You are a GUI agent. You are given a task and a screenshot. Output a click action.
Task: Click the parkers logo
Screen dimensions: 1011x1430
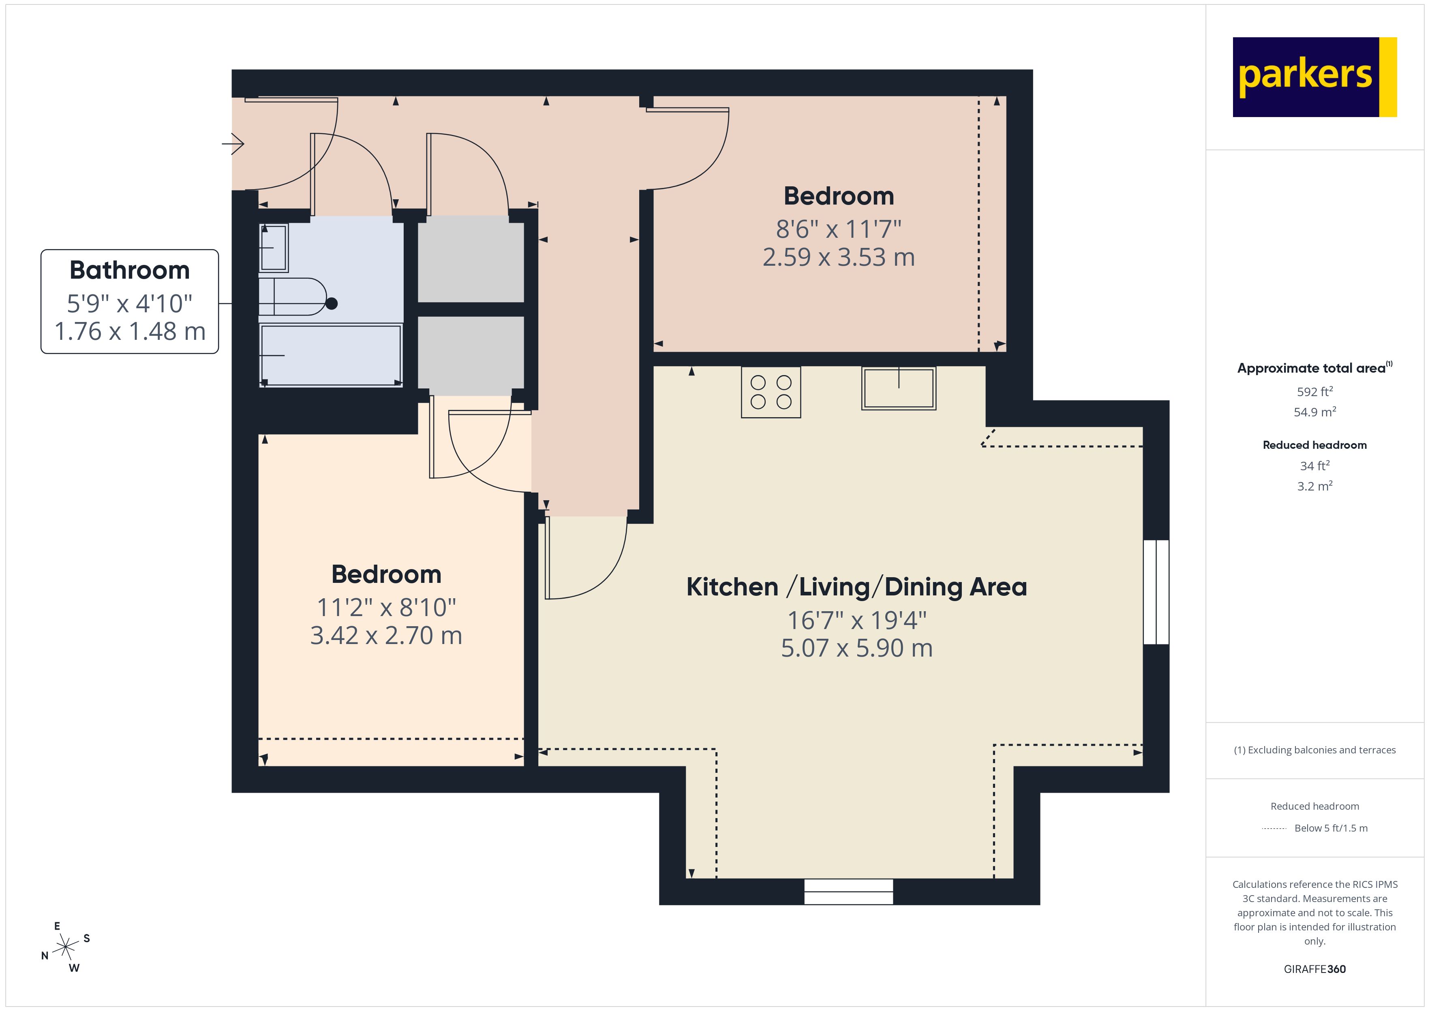pyautogui.click(x=1314, y=77)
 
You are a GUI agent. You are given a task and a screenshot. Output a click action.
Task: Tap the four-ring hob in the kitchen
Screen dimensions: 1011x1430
pyautogui.click(x=771, y=392)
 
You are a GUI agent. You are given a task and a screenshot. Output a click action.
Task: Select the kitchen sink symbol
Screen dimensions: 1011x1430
pyautogui.click(x=898, y=388)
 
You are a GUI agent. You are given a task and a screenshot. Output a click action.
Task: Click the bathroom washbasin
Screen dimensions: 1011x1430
pyautogui.click(x=274, y=248)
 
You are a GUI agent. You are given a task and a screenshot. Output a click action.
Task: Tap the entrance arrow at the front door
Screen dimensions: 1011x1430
pyautogui.click(x=233, y=144)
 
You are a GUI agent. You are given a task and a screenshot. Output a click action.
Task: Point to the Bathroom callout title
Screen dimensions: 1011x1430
pyautogui.click(x=130, y=270)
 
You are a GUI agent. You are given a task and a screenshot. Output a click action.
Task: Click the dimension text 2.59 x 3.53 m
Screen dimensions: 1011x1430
pyautogui.click(x=838, y=257)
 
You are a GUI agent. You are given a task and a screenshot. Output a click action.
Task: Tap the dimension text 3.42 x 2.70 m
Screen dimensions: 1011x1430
pyautogui.click(x=386, y=636)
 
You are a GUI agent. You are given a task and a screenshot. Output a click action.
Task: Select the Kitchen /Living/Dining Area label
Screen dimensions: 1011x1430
pyautogui.click(x=856, y=587)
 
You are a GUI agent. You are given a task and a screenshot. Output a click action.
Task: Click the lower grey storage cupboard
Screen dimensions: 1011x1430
pyautogui.click(x=470, y=355)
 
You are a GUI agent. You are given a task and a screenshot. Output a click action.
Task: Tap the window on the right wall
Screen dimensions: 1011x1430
pyautogui.click(x=1156, y=591)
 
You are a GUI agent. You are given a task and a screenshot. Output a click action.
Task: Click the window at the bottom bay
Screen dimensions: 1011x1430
pyautogui.click(x=848, y=892)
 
